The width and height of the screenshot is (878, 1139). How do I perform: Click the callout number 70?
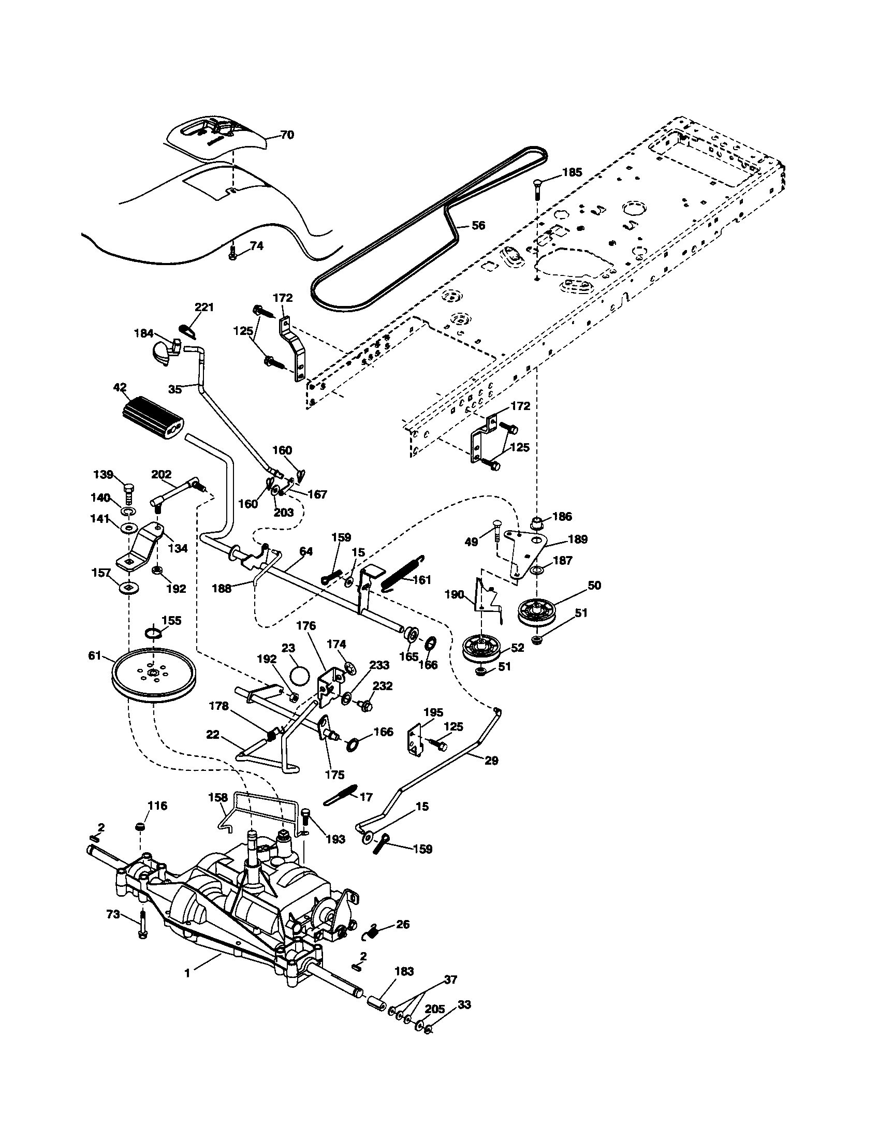point(287,135)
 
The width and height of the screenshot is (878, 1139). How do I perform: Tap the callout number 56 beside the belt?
point(478,225)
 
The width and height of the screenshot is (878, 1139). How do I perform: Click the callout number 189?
point(578,539)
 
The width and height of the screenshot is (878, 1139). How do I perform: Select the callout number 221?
point(204,307)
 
